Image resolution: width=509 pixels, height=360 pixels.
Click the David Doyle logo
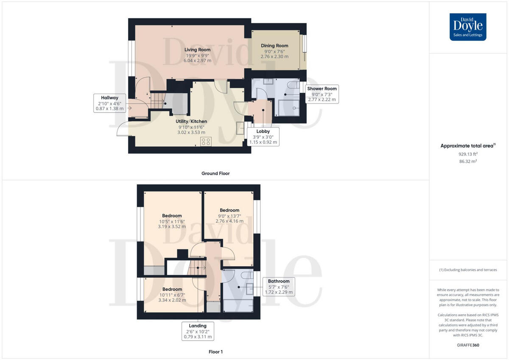point(468,27)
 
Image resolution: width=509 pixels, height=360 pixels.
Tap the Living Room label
point(197,55)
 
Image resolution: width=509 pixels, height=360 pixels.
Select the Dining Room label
point(274,51)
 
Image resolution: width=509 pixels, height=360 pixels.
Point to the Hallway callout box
point(109,103)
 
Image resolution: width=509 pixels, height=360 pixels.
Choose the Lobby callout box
point(263,137)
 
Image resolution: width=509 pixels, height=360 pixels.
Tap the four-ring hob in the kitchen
point(206,142)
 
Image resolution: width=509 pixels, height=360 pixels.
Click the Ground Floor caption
point(215,173)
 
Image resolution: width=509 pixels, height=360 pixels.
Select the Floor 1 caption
point(215,352)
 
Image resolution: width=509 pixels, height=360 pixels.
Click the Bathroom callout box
point(279,287)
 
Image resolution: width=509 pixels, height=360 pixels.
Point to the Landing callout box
point(198,331)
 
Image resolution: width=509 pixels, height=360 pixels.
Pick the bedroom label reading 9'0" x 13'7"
point(229,215)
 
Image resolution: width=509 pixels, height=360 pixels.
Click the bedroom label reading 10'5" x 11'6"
point(172,221)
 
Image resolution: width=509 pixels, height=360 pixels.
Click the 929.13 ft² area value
point(468,154)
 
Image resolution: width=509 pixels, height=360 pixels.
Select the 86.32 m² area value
point(468,162)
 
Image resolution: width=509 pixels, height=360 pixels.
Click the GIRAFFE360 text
point(468,345)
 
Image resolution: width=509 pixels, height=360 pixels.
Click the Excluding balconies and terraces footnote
point(468,270)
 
